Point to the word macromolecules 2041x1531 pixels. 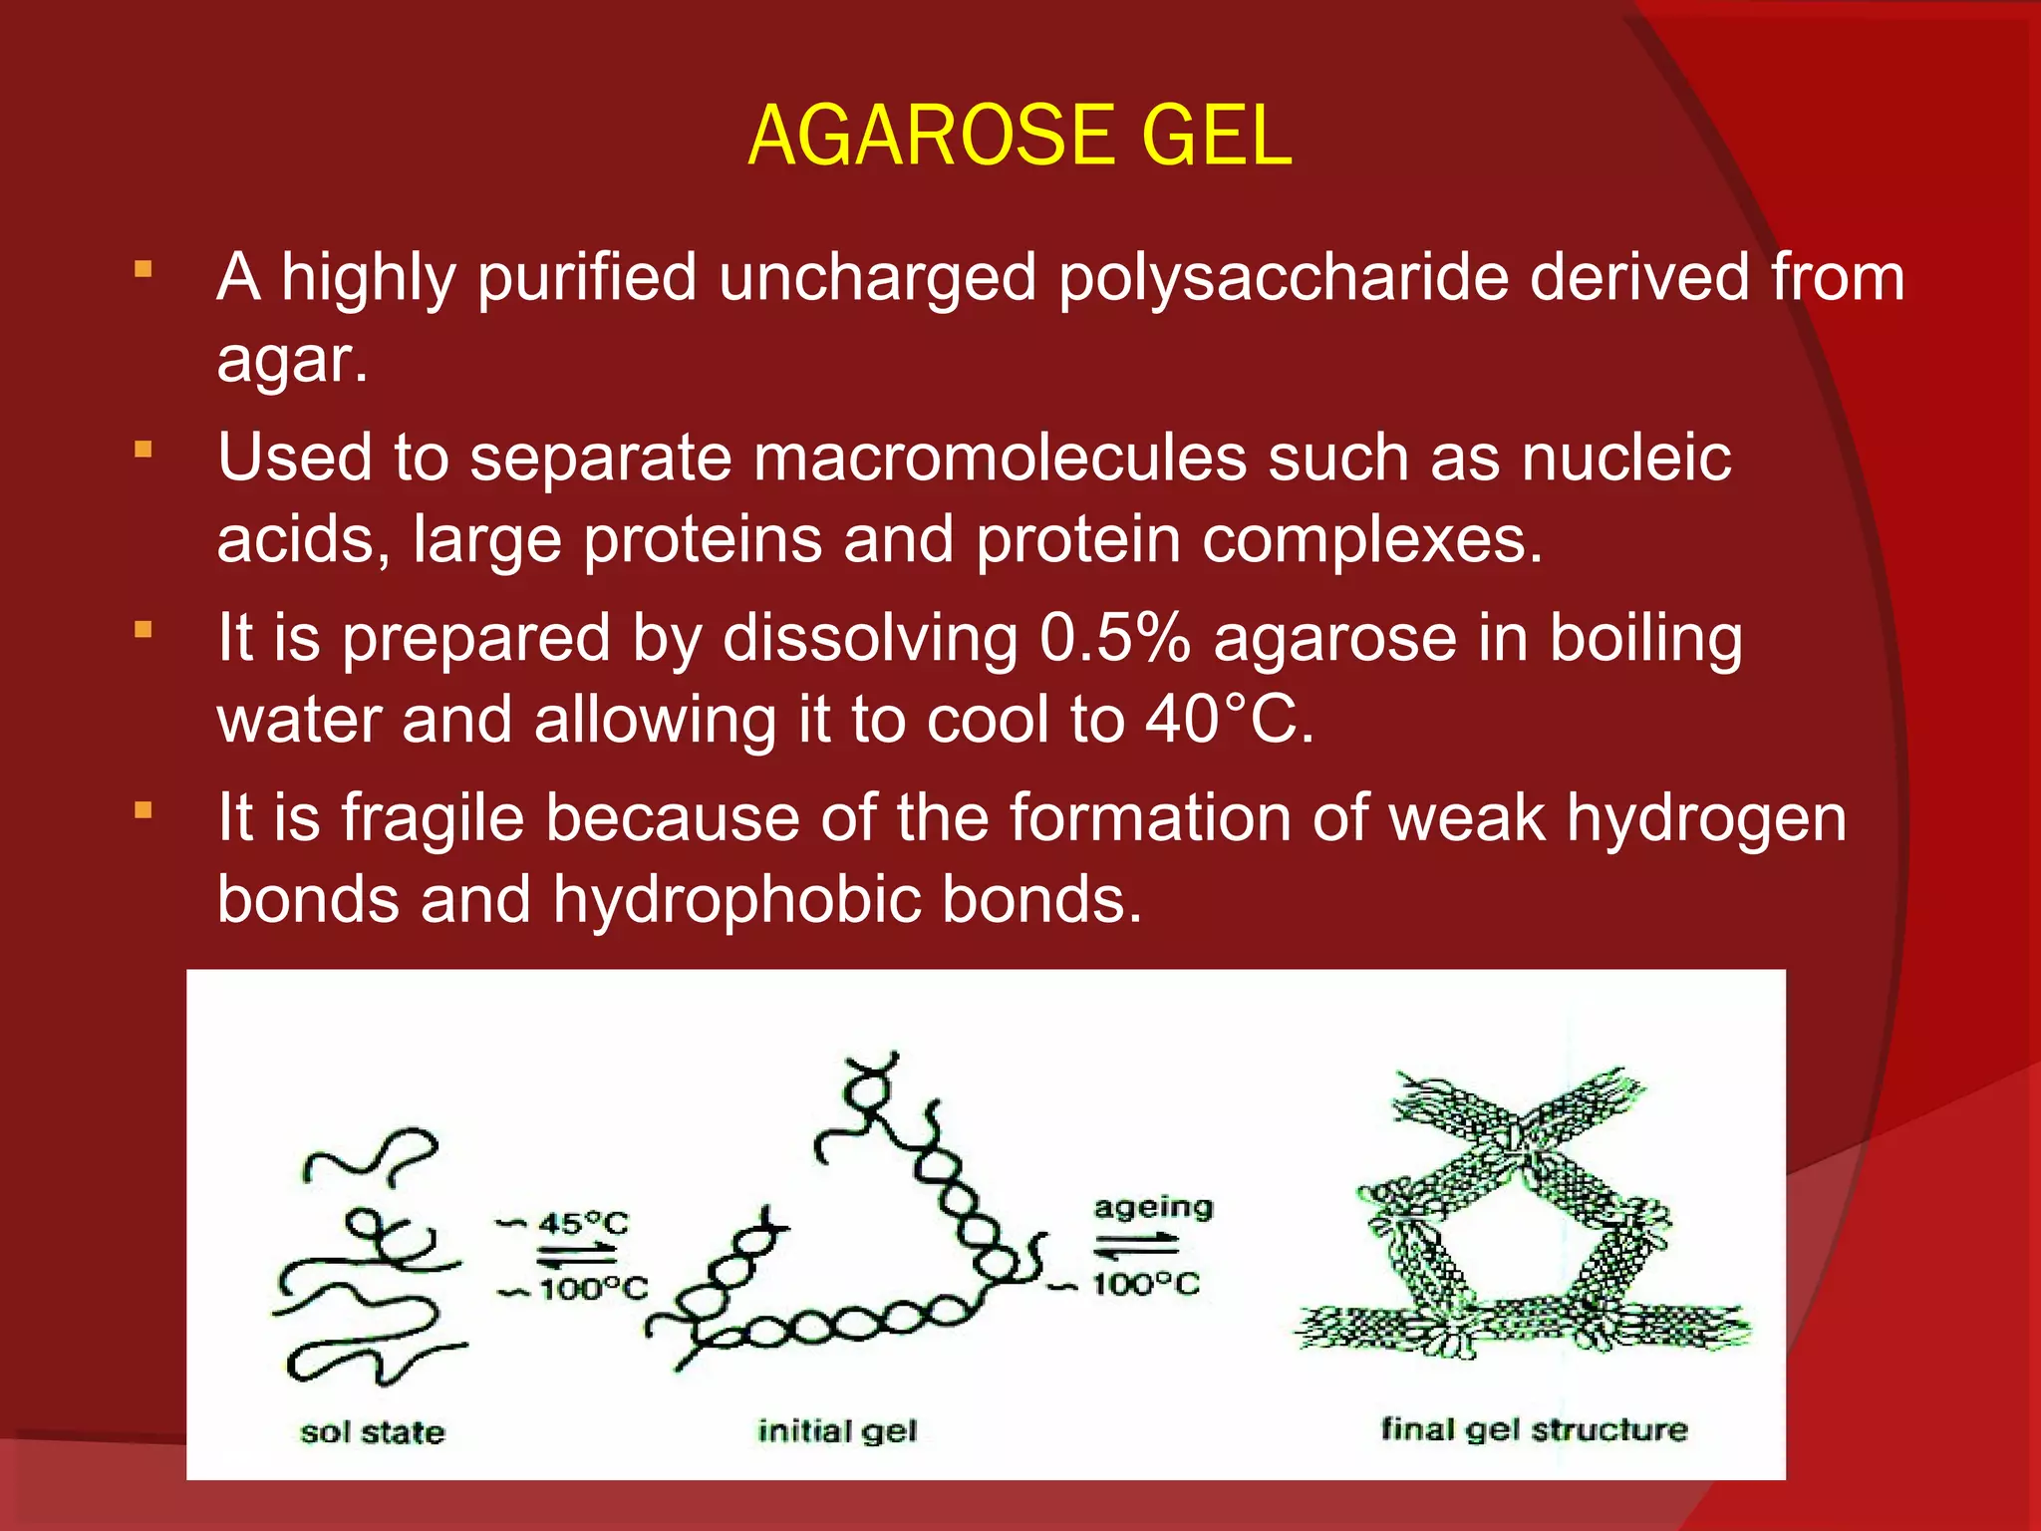click(999, 459)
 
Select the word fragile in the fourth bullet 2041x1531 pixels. click(433, 819)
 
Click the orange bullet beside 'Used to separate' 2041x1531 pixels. click(144, 450)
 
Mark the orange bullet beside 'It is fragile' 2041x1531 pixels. click(144, 810)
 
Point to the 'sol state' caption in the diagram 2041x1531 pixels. click(373, 1432)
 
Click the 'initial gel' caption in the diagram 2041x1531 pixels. click(837, 1431)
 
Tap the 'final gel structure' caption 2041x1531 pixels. click(1534, 1429)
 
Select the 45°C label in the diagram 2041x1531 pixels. click(583, 1223)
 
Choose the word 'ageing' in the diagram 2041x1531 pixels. click(1153, 1207)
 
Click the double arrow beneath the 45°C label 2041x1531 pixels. click(578, 1255)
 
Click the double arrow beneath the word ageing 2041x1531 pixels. click(1136, 1245)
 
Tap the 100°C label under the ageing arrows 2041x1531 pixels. click(1146, 1284)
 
